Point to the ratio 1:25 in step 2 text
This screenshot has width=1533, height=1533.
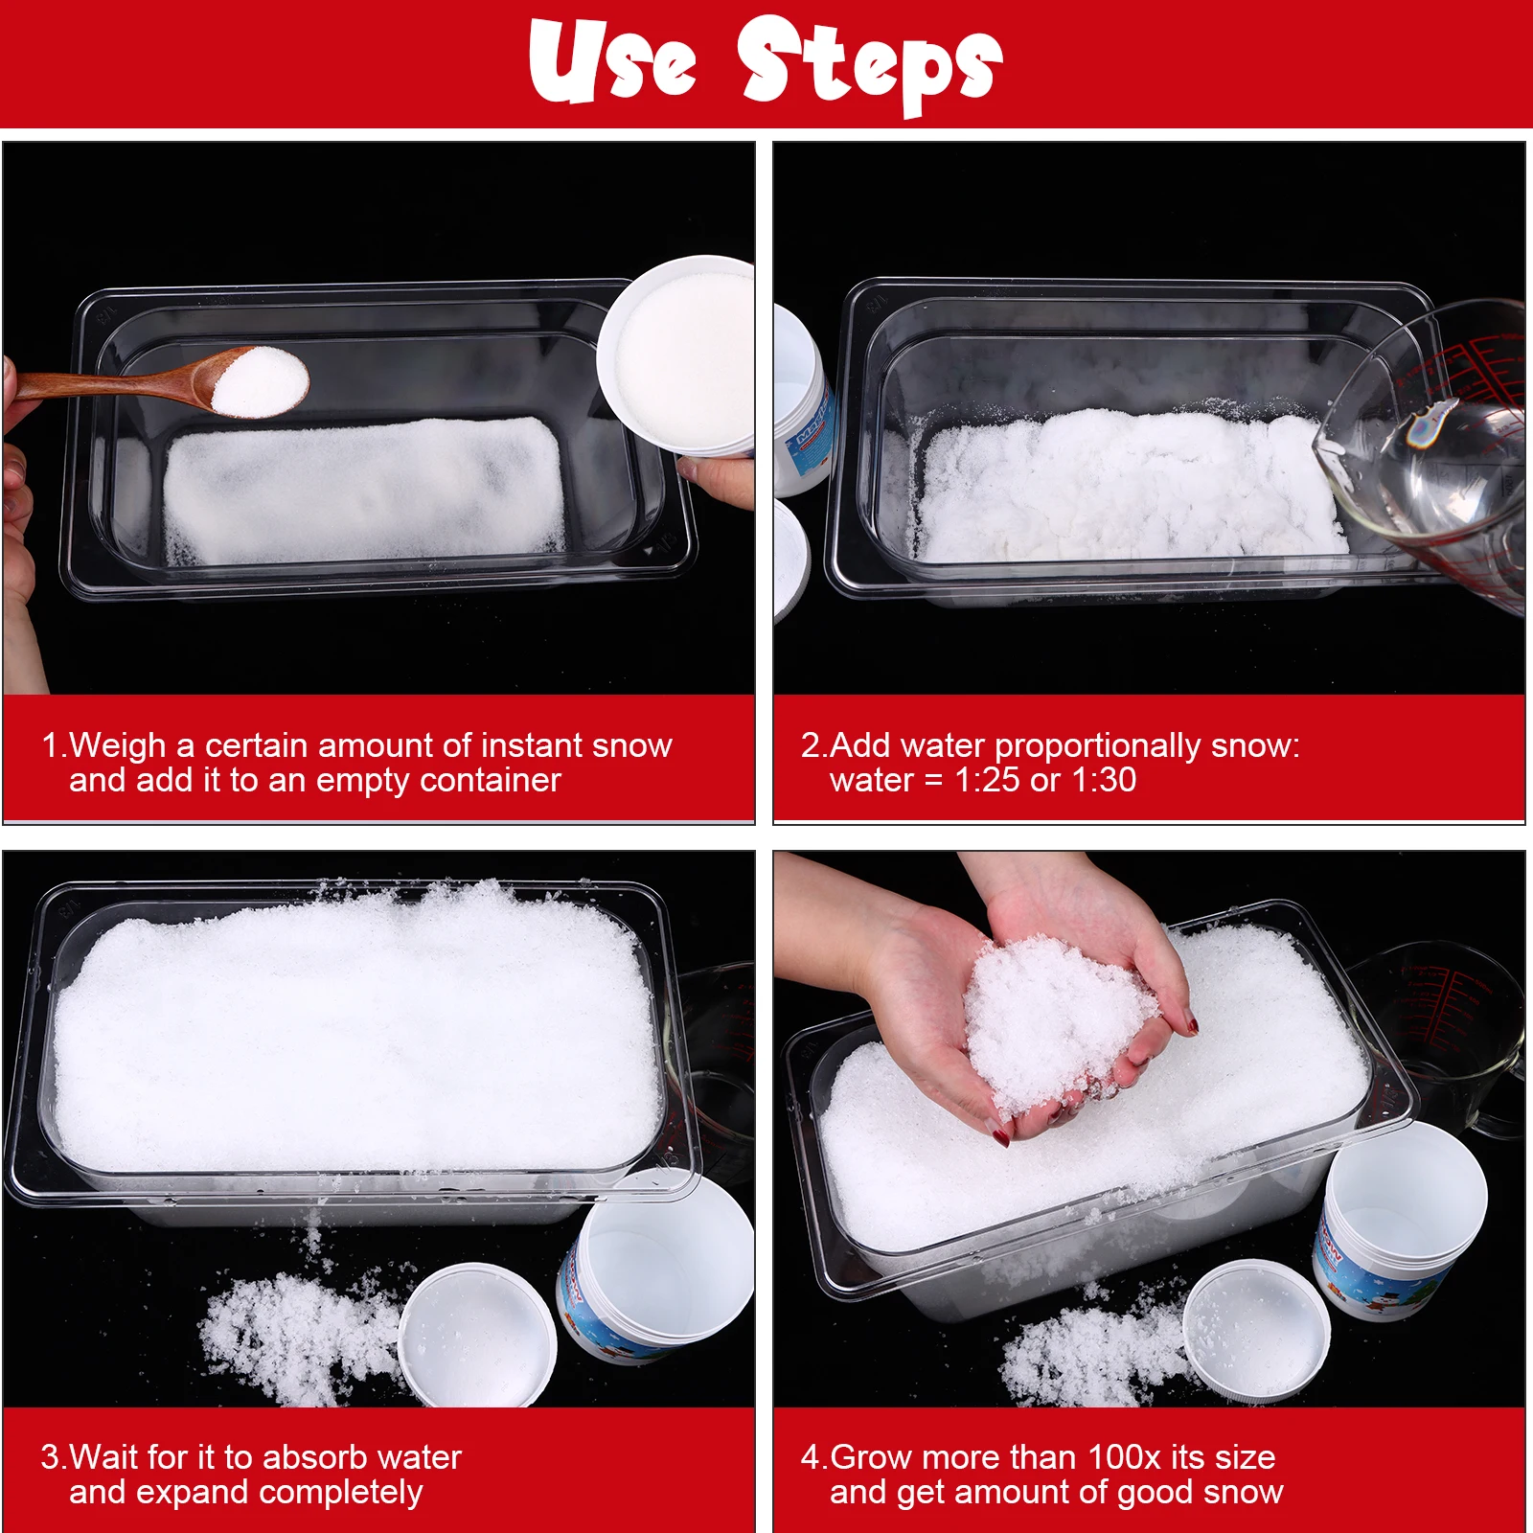tap(987, 780)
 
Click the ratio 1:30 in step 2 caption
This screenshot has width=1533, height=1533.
tap(1104, 780)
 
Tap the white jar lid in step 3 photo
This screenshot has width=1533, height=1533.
tap(477, 1335)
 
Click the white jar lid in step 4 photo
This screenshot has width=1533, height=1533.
tap(1255, 1330)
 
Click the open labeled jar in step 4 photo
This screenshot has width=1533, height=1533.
tap(1399, 1222)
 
